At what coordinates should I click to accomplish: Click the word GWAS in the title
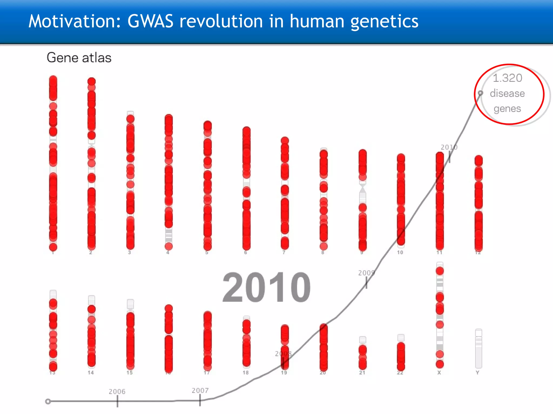150,21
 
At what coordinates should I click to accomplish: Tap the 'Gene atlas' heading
79,58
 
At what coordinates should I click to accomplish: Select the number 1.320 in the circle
507,78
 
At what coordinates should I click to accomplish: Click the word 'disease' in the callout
507,94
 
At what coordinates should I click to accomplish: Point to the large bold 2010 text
267,287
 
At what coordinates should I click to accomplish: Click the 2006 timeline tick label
117,391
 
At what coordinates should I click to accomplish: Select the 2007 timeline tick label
200,390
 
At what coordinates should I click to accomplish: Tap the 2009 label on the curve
366,273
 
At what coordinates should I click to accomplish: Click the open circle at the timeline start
48,401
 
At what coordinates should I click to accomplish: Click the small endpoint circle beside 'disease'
480,93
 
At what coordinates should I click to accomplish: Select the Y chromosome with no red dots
478,348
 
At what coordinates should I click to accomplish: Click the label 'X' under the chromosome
439,372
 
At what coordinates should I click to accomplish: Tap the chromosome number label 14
91,372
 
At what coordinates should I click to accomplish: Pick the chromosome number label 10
400,252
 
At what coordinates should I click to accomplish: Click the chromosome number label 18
245,372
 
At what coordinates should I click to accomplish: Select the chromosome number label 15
130,372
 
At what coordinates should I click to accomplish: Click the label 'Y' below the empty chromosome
477,372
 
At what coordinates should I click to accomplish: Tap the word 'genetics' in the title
384,21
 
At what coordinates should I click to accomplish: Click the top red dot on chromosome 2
92,81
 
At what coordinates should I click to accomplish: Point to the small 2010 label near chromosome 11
449,147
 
